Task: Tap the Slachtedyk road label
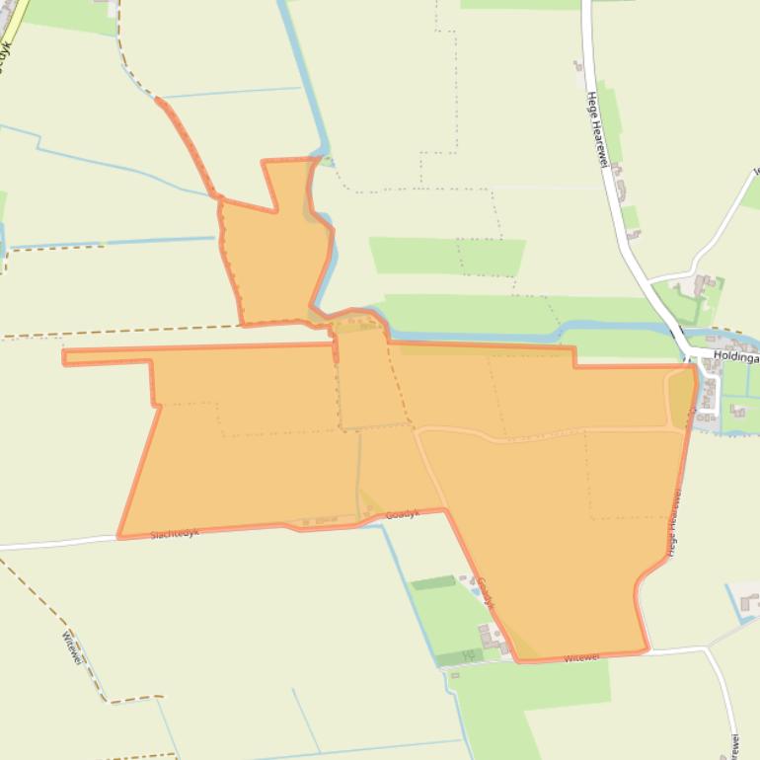pyautogui.click(x=175, y=533)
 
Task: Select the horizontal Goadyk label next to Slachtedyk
pyautogui.click(x=402, y=514)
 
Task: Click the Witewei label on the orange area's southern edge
pyautogui.click(x=581, y=657)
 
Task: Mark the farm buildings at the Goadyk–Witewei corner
pyautogui.click(x=494, y=639)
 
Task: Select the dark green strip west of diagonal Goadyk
pyautogui.click(x=433, y=583)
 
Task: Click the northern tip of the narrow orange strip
pyautogui.click(x=158, y=101)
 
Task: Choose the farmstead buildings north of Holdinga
pyautogui.click(x=704, y=287)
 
